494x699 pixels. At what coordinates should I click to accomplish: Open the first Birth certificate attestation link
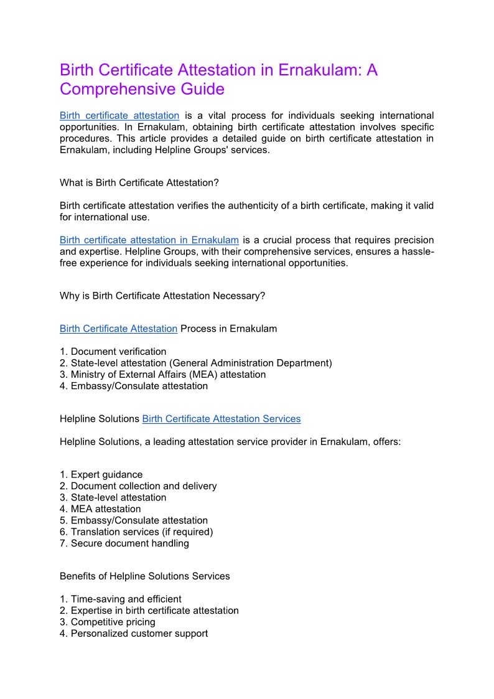click(119, 116)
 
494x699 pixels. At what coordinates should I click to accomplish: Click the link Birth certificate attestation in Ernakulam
click(149, 240)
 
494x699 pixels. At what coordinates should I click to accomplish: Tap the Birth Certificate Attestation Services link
click(221, 419)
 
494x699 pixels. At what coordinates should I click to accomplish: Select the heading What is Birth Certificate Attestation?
click(139, 182)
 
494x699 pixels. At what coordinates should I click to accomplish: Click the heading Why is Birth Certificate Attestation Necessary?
click(162, 296)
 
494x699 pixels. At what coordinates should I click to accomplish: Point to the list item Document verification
click(118, 352)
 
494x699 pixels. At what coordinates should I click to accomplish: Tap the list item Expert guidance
click(106, 474)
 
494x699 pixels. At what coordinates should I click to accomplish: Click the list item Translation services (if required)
click(142, 532)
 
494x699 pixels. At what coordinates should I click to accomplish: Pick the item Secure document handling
click(129, 543)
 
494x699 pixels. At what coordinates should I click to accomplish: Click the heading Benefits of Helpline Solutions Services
click(145, 576)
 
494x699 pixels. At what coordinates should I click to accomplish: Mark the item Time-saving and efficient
click(126, 599)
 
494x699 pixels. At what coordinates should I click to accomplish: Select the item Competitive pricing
click(113, 622)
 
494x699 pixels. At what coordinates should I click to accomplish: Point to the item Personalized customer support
click(139, 634)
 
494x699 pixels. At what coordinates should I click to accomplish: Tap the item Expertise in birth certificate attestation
click(154, 611)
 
